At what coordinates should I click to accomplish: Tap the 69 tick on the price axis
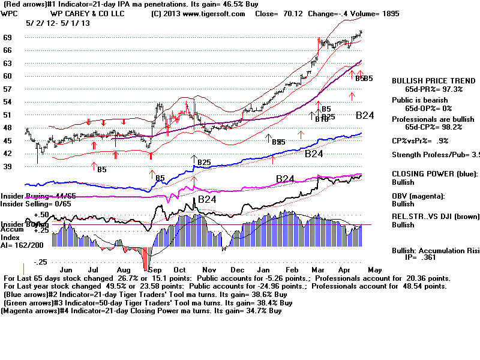coord(9,37)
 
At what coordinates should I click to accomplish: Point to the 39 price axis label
coord(9,166)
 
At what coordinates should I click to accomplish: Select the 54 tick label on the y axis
coord(9,102)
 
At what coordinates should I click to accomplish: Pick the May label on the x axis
coord(374,271)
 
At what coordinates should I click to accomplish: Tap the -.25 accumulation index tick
coord(41,262)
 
